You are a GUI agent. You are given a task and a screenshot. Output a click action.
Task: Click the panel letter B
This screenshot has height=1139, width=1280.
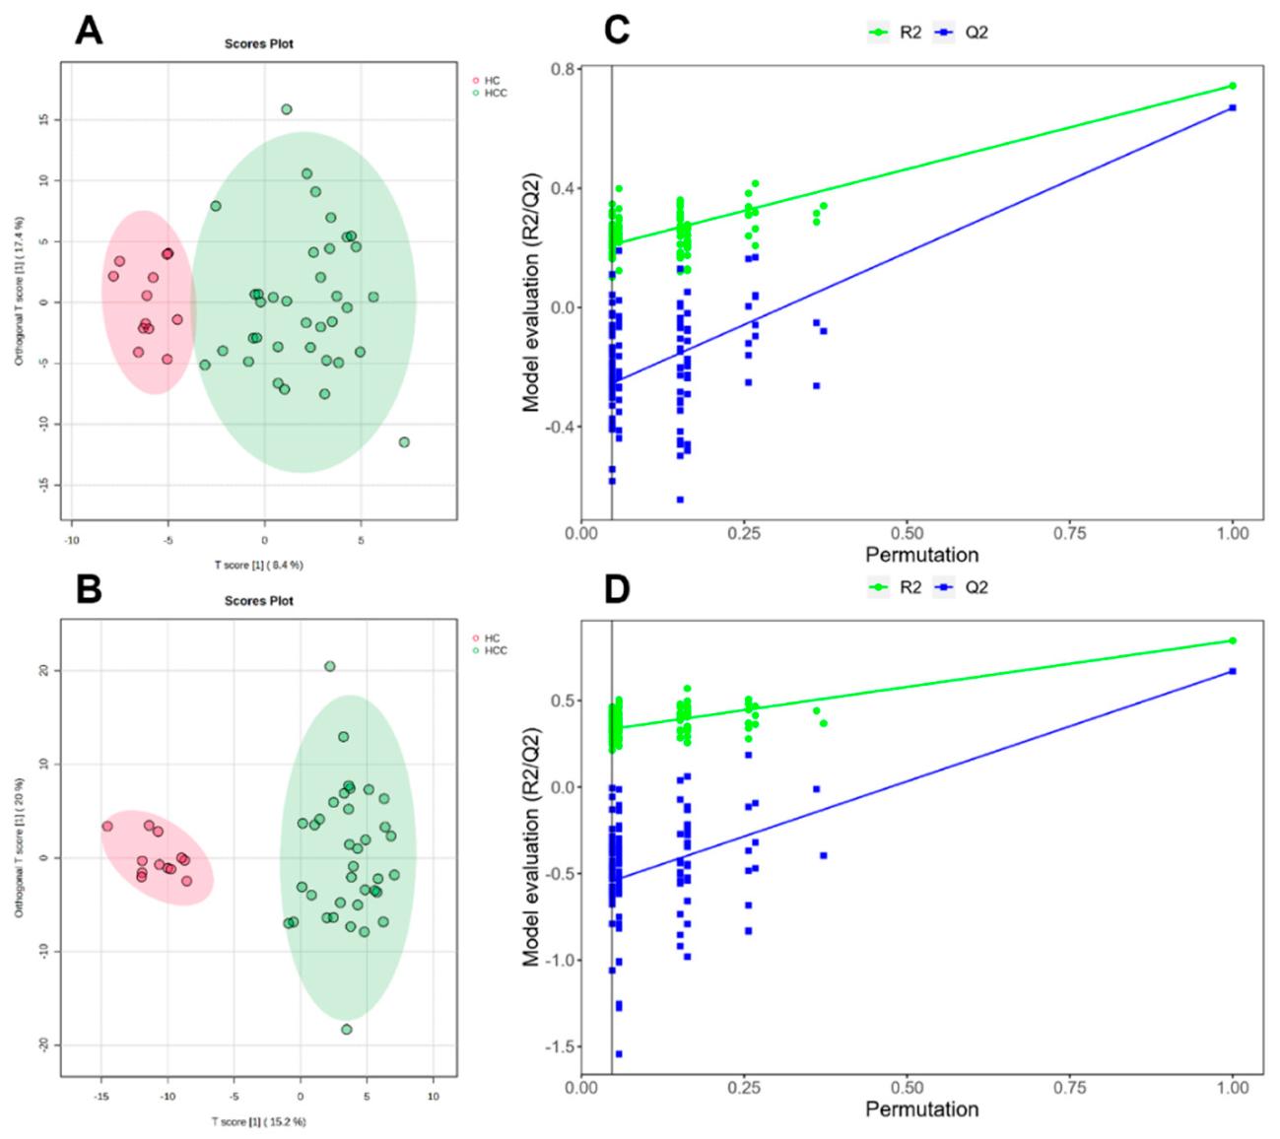coord(89,589)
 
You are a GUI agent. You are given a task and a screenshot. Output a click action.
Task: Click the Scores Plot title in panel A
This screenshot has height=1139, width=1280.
coord(258,43)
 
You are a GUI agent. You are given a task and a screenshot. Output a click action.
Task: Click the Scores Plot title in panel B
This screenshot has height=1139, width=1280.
coord(258,600)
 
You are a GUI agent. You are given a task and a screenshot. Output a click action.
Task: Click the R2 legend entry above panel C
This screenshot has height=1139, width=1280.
coord(898,33)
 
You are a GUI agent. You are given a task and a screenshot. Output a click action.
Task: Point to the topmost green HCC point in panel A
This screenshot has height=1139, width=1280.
coord(287,109)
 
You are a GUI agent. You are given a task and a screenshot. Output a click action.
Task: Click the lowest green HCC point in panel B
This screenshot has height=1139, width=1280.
coord(347,1030)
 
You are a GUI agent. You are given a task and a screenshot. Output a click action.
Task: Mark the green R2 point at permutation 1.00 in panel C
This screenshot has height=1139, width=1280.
coord(1233,86)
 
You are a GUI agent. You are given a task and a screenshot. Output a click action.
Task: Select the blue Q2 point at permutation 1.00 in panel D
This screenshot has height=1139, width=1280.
coord(1233,671)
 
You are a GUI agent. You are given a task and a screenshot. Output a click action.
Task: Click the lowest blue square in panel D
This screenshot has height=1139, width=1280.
coord(619,1054)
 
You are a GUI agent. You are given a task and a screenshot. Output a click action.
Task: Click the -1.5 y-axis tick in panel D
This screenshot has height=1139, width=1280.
coord(560,1046)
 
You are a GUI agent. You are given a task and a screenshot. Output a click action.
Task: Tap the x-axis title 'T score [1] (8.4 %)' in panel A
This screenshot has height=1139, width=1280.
coord(259,565)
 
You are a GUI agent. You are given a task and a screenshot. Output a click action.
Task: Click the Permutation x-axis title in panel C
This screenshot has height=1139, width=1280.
coord(922,555)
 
